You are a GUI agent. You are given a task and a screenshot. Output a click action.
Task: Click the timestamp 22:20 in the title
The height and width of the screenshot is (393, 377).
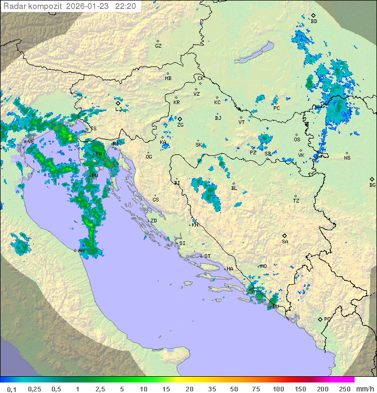pos(126,6)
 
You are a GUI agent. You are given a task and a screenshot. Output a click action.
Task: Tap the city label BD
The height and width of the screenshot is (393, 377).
pos(314,21)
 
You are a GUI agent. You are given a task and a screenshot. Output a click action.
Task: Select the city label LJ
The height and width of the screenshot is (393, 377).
pos(118,109)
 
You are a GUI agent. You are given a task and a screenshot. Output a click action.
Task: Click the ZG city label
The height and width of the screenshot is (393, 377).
pos(180,125)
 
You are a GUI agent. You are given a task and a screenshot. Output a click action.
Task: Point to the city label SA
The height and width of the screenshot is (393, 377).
pos(285,241)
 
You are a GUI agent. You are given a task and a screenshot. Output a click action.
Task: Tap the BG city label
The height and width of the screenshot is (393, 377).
pos(372,185)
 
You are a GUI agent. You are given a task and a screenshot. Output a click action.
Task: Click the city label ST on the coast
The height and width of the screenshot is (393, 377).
pos(207,256)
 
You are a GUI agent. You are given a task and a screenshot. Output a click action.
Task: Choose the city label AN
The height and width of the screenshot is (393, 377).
pos(81,251)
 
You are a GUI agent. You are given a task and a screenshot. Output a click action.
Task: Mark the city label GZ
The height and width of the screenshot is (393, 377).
pos(158,46)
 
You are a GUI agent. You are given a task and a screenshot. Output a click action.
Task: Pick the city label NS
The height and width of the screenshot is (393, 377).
pos(347,158)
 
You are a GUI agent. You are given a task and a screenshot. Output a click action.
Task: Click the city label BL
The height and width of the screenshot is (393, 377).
pos(234,188)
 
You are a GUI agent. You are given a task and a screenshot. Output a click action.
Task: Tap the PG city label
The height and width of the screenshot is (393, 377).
pos(327,319)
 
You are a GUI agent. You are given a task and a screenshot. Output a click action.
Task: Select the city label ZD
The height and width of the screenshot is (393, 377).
pos(153,221)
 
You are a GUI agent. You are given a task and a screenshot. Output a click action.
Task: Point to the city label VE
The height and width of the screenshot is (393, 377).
pos(31,141)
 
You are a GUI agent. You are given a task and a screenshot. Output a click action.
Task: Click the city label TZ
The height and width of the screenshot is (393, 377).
pos(296,200)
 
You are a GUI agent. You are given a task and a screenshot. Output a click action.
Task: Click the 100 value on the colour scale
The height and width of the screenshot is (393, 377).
pos(278,389)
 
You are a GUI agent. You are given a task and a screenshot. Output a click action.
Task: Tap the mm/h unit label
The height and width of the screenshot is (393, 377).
pos(362,389)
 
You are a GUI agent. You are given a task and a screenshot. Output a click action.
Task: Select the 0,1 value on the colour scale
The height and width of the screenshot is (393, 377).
pos(12,389)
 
